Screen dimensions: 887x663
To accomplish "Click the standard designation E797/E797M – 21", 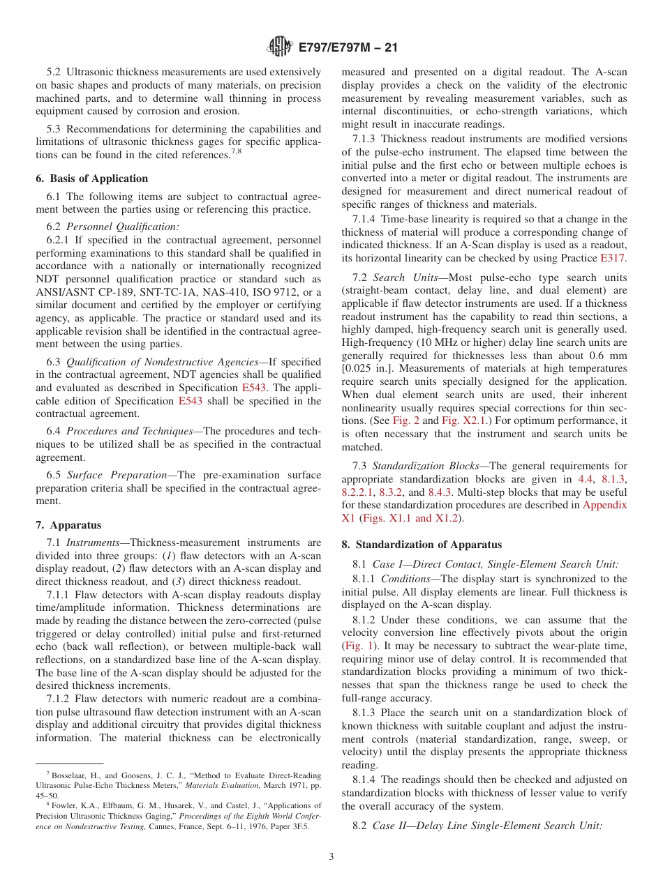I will click(348, 48).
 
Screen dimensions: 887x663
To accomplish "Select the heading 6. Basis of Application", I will click(91, 179).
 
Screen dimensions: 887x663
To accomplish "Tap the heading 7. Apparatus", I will click(68, 525).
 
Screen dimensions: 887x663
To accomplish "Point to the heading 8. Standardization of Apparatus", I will click(422, 545).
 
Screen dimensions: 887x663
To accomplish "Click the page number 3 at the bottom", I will click(331, 856).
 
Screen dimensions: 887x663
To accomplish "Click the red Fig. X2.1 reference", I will click(464, 420).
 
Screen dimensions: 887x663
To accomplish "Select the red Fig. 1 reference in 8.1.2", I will click(355, 646).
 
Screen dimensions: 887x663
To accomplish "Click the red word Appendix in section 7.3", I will click(604, 505).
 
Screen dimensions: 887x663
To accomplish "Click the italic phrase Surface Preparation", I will click(114, 476).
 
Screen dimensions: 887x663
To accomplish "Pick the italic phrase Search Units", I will click(398, 277).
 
